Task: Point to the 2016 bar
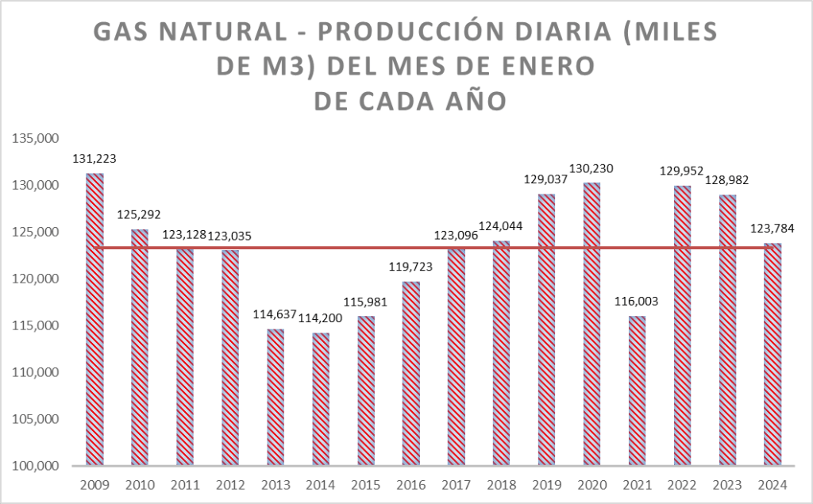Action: pyautogui.click(x=410, y=373)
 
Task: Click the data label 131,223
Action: pyautogui.click(x=94, y=158)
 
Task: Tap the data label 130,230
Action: pyautogui.click(x=591, y=168)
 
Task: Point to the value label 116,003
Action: pyautogui.click(x=636, y=301)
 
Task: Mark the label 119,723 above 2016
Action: pyautogui.click(x=410, y=267)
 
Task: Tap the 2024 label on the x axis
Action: pyautogui.click(x=772, y=485)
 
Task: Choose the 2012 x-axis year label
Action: pyautogui.click(x=229, y=485)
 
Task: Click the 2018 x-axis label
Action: pyautogui.click(x=501, y=485)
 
